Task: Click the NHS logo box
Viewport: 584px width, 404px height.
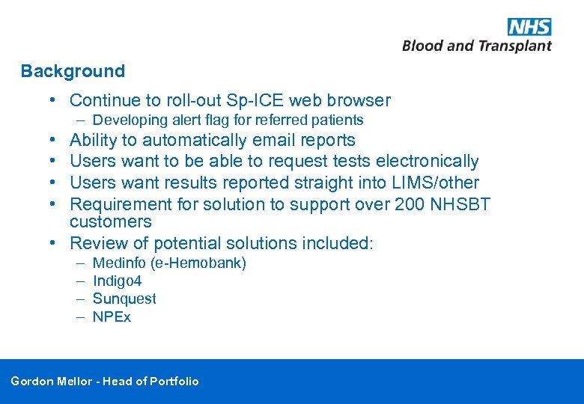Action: [x=529, y=27]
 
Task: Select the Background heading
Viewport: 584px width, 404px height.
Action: [x=73, y=72]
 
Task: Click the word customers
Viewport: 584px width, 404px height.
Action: [x=111, y=222]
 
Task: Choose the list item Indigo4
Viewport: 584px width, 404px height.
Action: [x=117, y=281]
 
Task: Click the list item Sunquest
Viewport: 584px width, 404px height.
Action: [x=124, y=299]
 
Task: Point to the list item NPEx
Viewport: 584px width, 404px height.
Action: [x=112, y=317]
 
